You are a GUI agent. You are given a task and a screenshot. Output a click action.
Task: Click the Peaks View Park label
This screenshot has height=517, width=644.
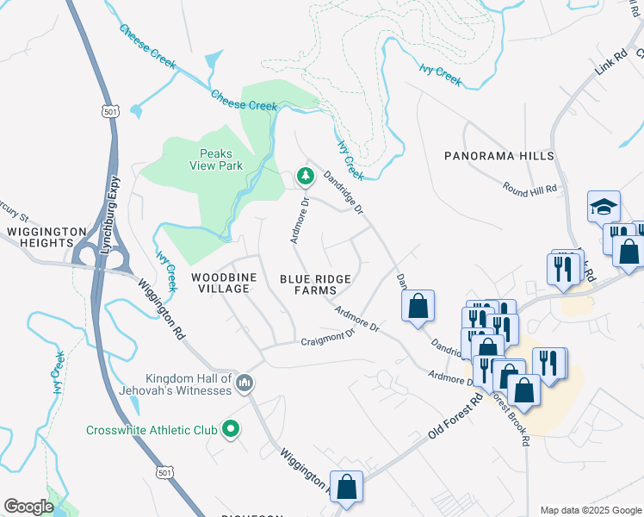(x=215, y=159)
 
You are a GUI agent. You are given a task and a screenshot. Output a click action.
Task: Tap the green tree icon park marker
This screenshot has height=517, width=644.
(x=304, y=177)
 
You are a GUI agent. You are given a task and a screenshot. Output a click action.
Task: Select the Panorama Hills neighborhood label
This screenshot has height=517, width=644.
(x=498, y=156)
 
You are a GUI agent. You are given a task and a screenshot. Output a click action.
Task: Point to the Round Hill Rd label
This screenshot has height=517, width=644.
(x=529, y=188)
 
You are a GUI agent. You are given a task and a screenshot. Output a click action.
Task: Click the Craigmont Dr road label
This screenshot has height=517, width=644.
(x=327, y=339)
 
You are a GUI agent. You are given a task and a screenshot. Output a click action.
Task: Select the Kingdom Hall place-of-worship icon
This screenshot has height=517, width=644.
(x=245, y=382)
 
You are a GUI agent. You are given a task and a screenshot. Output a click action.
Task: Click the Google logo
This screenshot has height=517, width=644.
(x=28, y=506)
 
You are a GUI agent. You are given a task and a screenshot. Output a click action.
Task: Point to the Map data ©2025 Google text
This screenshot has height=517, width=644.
(x=590, y=510)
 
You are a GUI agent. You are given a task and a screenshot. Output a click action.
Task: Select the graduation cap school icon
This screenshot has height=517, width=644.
(x=604, y=207)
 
